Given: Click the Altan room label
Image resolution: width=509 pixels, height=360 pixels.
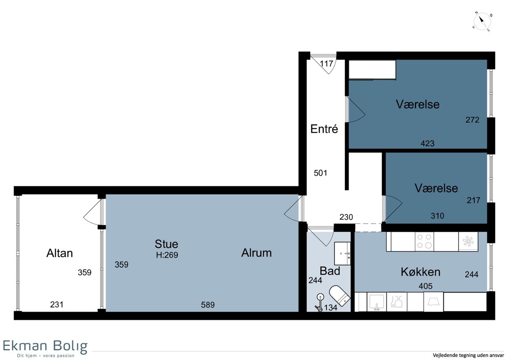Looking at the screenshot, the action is (x=59, y=253).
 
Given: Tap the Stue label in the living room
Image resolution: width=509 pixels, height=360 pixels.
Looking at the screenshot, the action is (x=166, y=244).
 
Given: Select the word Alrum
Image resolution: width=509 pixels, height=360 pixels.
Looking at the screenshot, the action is (x=256, y=253).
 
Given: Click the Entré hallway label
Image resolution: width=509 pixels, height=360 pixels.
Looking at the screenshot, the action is (x=324, y=129).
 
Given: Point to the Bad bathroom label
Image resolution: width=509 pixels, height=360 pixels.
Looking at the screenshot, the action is (x=330, y=271).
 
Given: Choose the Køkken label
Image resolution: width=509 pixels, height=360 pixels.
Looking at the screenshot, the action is (x=420, y=272).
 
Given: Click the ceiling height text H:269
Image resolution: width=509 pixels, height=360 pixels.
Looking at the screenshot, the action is (x=167, y=255).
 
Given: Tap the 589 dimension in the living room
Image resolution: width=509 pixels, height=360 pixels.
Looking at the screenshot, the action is (x=208, y=305).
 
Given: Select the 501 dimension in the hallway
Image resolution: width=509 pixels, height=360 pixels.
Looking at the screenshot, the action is (x=320, y=173).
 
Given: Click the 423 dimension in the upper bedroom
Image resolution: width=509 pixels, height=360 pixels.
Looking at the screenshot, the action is (x=428, y=143).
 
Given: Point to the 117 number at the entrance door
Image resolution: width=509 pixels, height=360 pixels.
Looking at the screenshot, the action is (x=327, y=64).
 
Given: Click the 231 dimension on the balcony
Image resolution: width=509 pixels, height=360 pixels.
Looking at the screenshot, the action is (x=56, y=304).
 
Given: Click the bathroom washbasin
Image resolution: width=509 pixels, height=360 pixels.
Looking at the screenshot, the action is (x=342, y=253).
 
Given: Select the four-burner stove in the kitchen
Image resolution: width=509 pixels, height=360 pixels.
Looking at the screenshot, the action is (x=424, y=241).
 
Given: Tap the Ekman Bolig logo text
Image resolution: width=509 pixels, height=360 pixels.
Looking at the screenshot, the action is (x=45, y=346).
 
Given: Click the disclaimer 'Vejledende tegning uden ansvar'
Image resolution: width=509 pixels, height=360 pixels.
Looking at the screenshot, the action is (x=468, y=355).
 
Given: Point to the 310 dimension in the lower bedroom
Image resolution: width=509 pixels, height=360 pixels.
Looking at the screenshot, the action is (x=437, y=216).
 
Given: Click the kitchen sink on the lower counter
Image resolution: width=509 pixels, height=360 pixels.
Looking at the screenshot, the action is (x=377, y=302).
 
